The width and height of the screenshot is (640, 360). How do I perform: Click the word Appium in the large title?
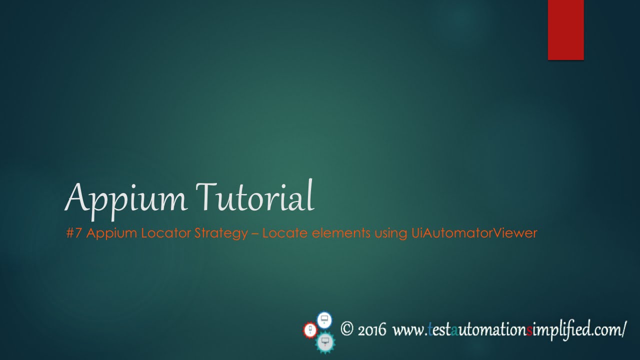pyautogui.click(x=126, y=197)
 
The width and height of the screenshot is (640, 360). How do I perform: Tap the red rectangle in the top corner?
pyautogui.click(x=565, y=30)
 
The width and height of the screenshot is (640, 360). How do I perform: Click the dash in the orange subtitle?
pyautogui.click(x=255, y=233)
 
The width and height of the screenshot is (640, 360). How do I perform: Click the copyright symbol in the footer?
pyautogui.click(x=347, y=328)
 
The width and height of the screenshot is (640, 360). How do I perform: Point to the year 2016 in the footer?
pyautogui.click(x=372, y=330)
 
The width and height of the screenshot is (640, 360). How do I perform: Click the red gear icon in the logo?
pyautogui.click(x=310, y=330)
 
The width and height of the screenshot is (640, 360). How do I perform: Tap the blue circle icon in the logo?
pyautogui.click(x=324, y=318)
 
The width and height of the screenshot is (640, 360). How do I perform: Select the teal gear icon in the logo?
pyautogui.click(x=325, y=342)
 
